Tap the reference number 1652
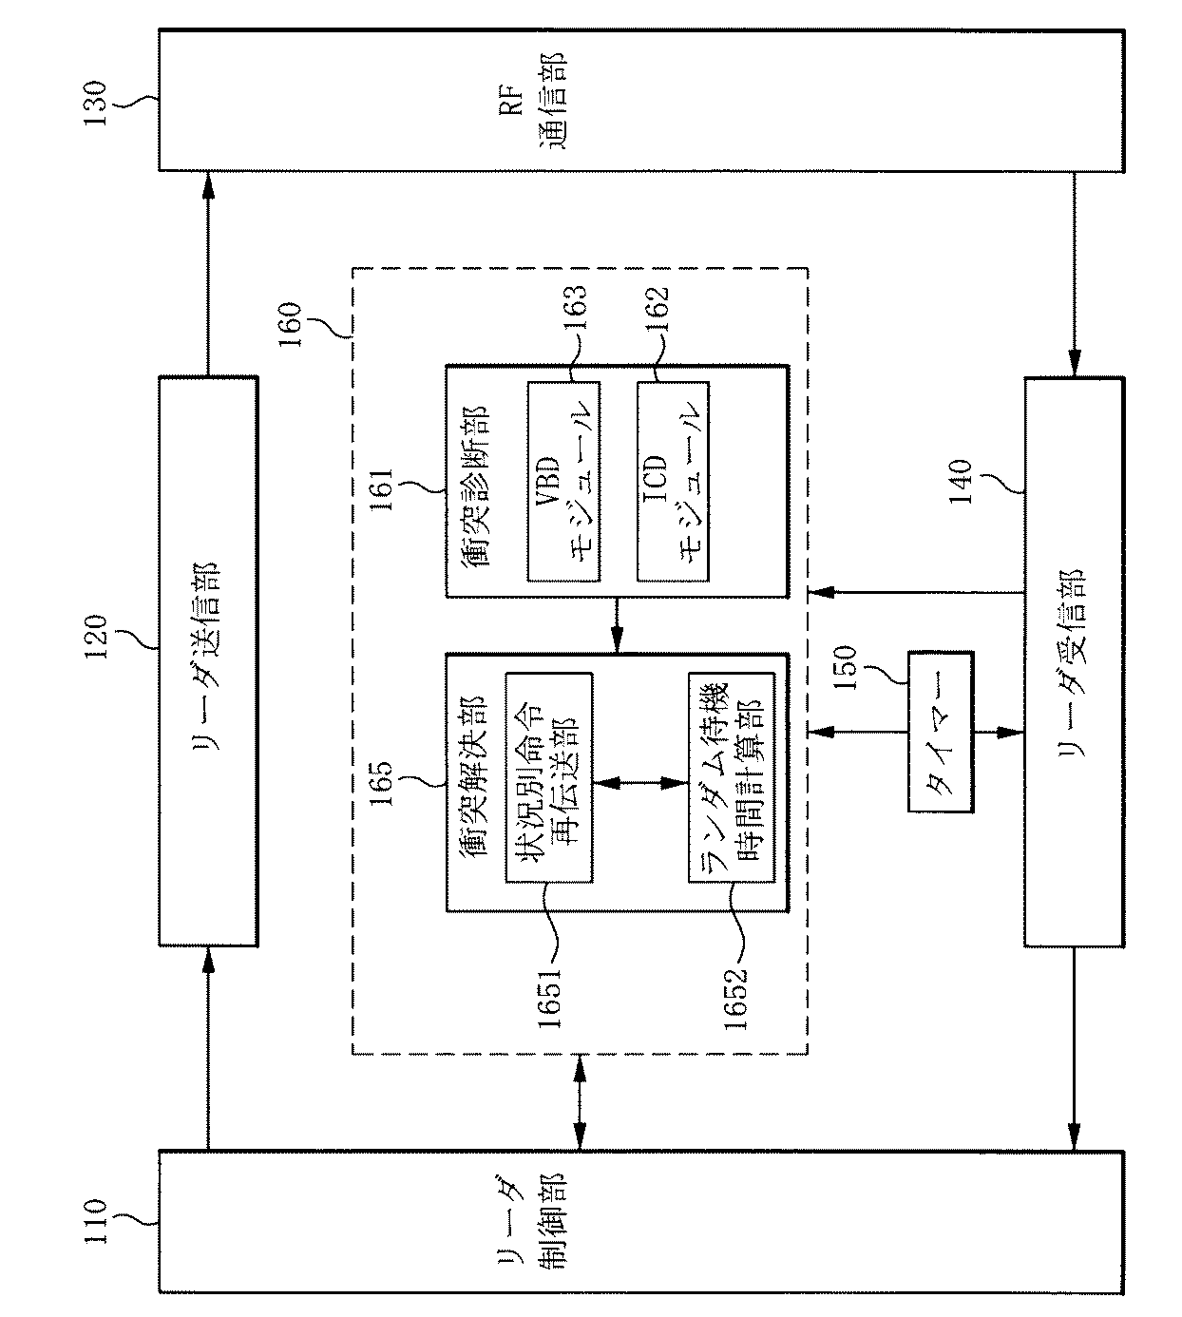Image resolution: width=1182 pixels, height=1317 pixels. point(734,997)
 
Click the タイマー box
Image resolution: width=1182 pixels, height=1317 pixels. point(941,732)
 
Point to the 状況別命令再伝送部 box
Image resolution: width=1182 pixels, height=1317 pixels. point(549,777)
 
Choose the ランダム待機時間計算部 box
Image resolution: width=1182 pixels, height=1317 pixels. point(732,777)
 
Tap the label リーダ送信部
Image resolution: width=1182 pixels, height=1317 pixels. point(207,660)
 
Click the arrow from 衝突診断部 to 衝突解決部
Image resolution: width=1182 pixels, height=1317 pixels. point(617,625)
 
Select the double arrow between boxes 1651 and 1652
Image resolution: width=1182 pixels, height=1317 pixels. point(640,782)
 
